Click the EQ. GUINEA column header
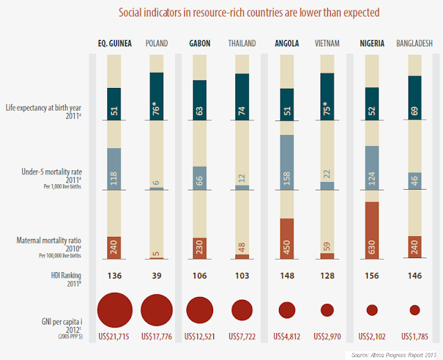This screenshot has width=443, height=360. click(x=115, y=43)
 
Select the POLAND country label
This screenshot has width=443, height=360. click(x=156, y=43)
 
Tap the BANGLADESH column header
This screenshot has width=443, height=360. click(x=415, y=43)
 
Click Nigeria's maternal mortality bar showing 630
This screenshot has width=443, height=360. click(x=372, y=231)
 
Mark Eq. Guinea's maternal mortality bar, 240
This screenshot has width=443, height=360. click(x=114, y=247)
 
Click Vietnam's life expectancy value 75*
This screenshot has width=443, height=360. click(x=327, y=94)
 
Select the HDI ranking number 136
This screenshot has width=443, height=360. click(x=115, y=275)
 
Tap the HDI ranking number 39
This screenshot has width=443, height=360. click(x=157, y=275)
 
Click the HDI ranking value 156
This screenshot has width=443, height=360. click(x=372, y=275)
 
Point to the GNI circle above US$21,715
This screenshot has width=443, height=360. click(x=116, y=309)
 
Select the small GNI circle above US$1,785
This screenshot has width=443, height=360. click(x=415, y=309)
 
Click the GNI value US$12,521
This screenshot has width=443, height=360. click(x=200, y=337)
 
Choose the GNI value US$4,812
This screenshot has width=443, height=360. click(x=285, y=337)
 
